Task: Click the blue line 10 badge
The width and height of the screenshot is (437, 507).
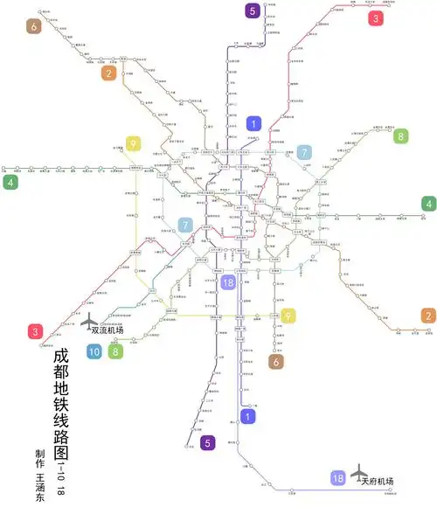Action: click(94, 352)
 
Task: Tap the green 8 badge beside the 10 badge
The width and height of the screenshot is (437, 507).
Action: click(115, 352)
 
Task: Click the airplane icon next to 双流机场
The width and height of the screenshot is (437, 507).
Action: click(90, 323)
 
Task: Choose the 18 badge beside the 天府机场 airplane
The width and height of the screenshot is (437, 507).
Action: click(337, 478)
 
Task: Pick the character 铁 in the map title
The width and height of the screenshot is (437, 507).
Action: click(59, 406)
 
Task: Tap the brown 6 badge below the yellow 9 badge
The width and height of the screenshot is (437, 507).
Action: click(275, 362)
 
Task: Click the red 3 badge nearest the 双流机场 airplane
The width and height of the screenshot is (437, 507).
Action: click(35, 331)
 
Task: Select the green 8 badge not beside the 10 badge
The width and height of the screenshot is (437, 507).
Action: click(400, 135)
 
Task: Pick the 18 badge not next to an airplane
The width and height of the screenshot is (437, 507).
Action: click(228, 282)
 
